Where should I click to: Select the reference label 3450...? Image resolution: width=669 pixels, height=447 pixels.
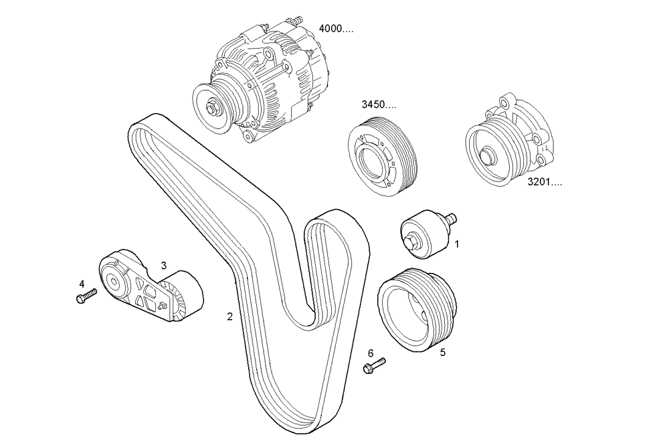(378, 105)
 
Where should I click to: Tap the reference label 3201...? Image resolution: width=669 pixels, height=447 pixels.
(543, 181)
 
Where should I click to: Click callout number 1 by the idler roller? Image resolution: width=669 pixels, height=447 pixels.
(457, 245)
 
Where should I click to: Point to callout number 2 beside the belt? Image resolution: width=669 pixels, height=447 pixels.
(229, 317)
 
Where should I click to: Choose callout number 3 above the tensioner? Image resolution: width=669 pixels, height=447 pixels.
(163, 266)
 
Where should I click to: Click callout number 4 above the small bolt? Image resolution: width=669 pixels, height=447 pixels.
(82, 284)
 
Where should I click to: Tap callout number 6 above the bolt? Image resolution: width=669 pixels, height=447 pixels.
(370, 353)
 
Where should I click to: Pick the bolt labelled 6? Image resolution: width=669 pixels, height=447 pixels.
(375, 366)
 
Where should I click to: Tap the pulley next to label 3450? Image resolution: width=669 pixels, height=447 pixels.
(383, 155)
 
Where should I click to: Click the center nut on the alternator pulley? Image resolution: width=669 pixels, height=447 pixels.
(213, 105)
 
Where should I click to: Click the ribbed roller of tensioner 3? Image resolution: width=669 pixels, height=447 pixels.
(182, 296)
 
